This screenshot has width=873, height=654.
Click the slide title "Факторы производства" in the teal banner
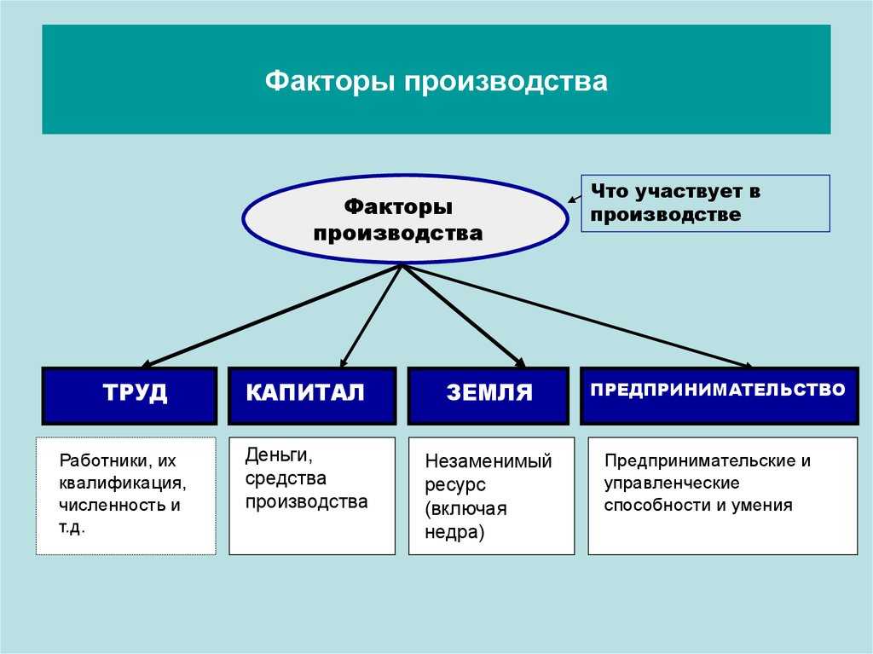click(436, 82)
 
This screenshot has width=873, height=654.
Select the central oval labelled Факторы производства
click(405, 219)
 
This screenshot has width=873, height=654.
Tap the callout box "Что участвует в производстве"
click(705, 203)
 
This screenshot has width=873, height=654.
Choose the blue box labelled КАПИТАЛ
click(312, 395)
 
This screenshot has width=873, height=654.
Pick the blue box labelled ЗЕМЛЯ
click(488, 395)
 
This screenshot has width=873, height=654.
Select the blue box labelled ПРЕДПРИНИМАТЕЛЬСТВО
click(718, 395)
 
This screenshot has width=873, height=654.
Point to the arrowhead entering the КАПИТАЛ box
click(343, 362)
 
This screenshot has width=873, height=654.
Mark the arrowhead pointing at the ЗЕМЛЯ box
click(519, 362)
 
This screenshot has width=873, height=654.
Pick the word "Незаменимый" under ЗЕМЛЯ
click(489, 461)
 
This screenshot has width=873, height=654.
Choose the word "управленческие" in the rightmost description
click(671, 483)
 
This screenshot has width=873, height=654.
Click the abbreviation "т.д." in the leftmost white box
click(72, 527)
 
